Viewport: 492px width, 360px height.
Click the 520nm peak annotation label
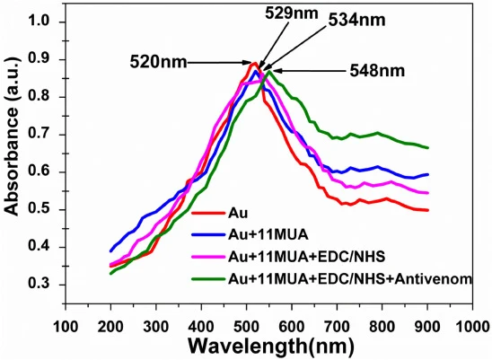pyautogui.click(x=158, y=63)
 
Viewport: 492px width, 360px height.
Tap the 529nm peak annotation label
pyautogui.click(x=292, y=13)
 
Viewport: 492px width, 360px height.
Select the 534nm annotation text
pyautogui.click(x=357, y=21)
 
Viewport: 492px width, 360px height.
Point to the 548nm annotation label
pyautogui.click(x=377, y=71)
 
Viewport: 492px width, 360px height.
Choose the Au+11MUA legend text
pyautogui.click(x=268, y=235)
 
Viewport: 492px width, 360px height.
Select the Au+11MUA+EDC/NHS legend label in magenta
pyautogui.click(x=306, y=257)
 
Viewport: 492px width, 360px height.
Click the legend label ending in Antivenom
pyautogui.click(x=350, y=278)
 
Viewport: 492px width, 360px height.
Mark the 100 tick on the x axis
pyautogui.click(x=66, y=327)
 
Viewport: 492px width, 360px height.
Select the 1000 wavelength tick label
pyautogui.click(x=473, y=327)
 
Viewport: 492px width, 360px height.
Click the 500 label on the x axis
pyautogui.click(x=246, y=327)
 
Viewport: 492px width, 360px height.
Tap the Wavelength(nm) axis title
pyautogui.click(x=271, y=346)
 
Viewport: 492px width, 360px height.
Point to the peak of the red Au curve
pyautogui.click(x=254, y=63)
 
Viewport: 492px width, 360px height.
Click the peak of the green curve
pyautogui.click(x=269, y=72)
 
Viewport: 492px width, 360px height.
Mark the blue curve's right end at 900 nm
pyautogui.click(x=428, y=174)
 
